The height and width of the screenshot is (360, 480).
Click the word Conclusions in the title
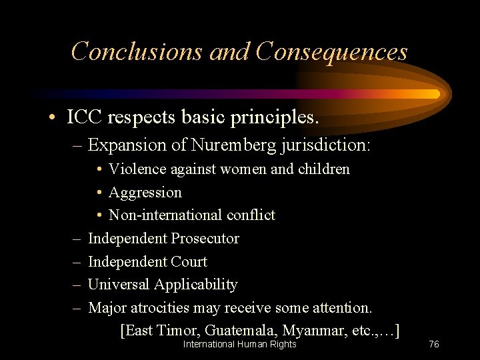[x=137, y=51]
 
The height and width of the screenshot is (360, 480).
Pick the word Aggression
[x=145, y=193]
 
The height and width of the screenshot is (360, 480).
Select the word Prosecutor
[x=205, y=239]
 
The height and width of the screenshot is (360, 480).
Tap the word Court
[x=189, y=262]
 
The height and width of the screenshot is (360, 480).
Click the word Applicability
[x=196, y=285]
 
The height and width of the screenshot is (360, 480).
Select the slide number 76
[x=433, y=344]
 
